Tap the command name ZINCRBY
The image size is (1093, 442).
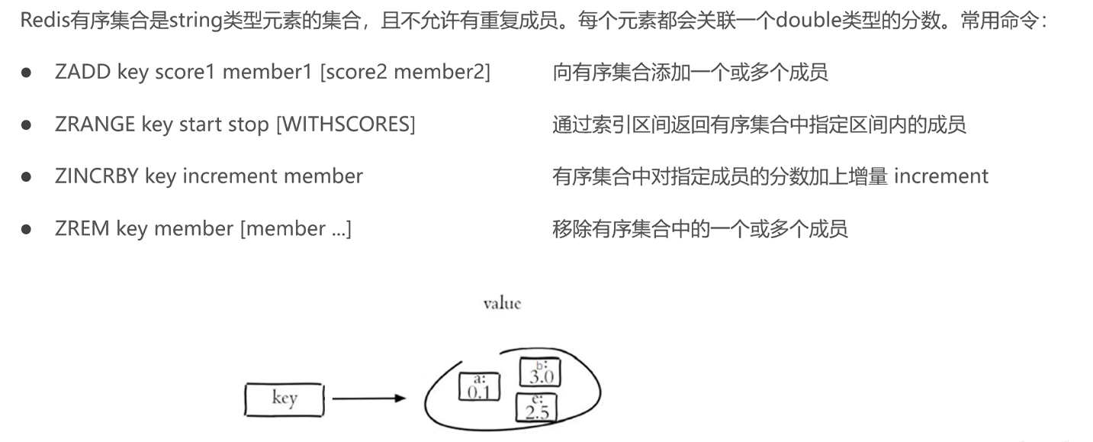pos(97,176)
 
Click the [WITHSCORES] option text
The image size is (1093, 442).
pos(345,124)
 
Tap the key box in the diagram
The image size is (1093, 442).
pos(285,398)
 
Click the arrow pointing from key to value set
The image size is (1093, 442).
pos(368,398)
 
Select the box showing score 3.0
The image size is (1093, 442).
pos(540,373)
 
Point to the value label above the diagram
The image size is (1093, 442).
pos(502,304)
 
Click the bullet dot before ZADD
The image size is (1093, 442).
pos(26,73)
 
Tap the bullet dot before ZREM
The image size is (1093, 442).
pos(26,229)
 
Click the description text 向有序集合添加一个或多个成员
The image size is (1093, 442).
pos(690,73)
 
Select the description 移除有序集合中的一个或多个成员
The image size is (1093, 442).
pos(699,228)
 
